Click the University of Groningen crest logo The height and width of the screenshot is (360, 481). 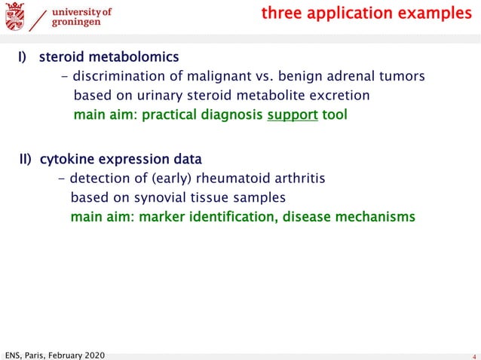pyautogui.click(x=14, y=15)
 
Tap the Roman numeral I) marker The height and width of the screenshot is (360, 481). pyautogui.click(x=23, y=56)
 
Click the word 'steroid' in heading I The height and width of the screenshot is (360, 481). pyautogui.click(x=61, y=56)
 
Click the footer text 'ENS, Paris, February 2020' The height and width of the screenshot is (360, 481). pyautogui.click(x=54, y=354)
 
